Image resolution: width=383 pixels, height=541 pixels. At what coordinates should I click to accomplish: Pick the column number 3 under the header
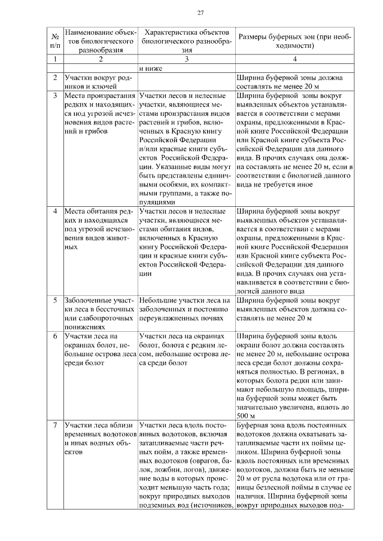(x=187, y=59)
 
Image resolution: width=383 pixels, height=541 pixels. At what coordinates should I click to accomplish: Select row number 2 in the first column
(x=55, y=78)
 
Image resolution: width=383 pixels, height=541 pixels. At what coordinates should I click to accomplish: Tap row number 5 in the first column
(x=55, y=300)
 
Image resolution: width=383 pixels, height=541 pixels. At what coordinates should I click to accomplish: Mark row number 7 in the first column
(x=55, y=426)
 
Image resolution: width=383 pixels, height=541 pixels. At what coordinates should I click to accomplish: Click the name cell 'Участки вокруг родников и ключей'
(x=100, y=82)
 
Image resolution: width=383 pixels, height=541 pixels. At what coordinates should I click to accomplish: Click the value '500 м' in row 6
(x=246, y=416)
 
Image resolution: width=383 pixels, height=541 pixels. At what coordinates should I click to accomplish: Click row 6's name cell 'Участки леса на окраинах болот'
(x=100, y=349)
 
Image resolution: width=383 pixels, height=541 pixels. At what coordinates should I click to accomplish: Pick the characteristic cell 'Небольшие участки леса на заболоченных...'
(x=186, y=305)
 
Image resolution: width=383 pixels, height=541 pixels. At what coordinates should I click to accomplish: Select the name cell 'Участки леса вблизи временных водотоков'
(x=100, y=439)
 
